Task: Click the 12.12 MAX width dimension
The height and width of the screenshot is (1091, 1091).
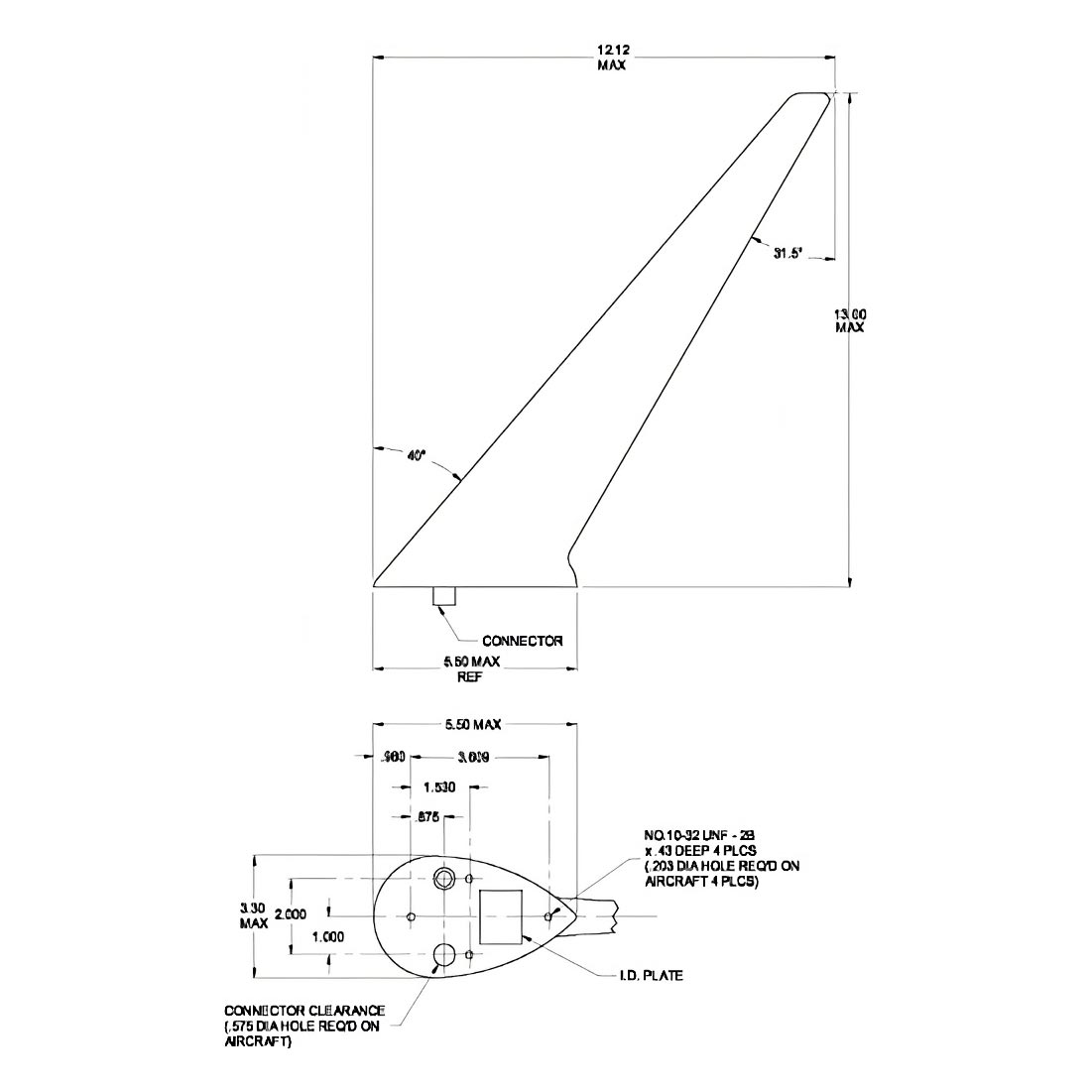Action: (611, 58)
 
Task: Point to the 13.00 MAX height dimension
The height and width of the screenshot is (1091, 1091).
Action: (849, 320)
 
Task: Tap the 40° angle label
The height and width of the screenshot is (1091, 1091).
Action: (416, 455)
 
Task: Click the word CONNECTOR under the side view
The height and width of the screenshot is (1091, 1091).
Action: (522, 641)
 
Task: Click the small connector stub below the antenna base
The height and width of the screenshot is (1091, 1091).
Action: (443, 595)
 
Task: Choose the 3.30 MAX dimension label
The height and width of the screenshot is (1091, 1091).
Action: (254, 914)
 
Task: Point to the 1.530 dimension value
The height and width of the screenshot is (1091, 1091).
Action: (439, 788)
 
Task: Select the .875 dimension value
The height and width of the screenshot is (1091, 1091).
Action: (427, 818)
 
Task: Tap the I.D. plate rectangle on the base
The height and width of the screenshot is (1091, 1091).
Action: (501, 915)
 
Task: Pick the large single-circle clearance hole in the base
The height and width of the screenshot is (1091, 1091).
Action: (443, 955)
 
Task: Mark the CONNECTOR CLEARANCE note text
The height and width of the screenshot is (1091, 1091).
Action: (303, 1027)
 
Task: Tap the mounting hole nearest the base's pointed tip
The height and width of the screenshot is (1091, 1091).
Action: (547, 914)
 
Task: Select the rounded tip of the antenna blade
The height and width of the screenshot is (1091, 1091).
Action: (811, 96)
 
